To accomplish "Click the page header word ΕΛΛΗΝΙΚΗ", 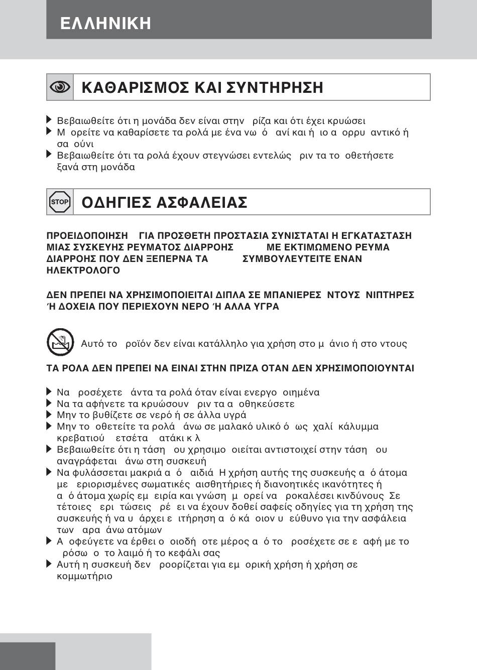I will (x=105, y=24).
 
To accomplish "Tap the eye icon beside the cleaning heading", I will (x=60, y=87).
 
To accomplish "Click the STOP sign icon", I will (x=60, y=202).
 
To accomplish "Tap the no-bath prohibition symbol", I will (x=60, y=342).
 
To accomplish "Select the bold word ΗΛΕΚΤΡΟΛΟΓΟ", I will (x=83, y=271).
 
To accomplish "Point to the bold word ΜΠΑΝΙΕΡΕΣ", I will (x=288, y=295).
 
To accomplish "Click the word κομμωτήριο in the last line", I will (x=85, y=576).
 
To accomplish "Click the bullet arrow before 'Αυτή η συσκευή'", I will (x=49, y=564).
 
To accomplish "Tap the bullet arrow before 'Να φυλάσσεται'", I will (x=49, y=472).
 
